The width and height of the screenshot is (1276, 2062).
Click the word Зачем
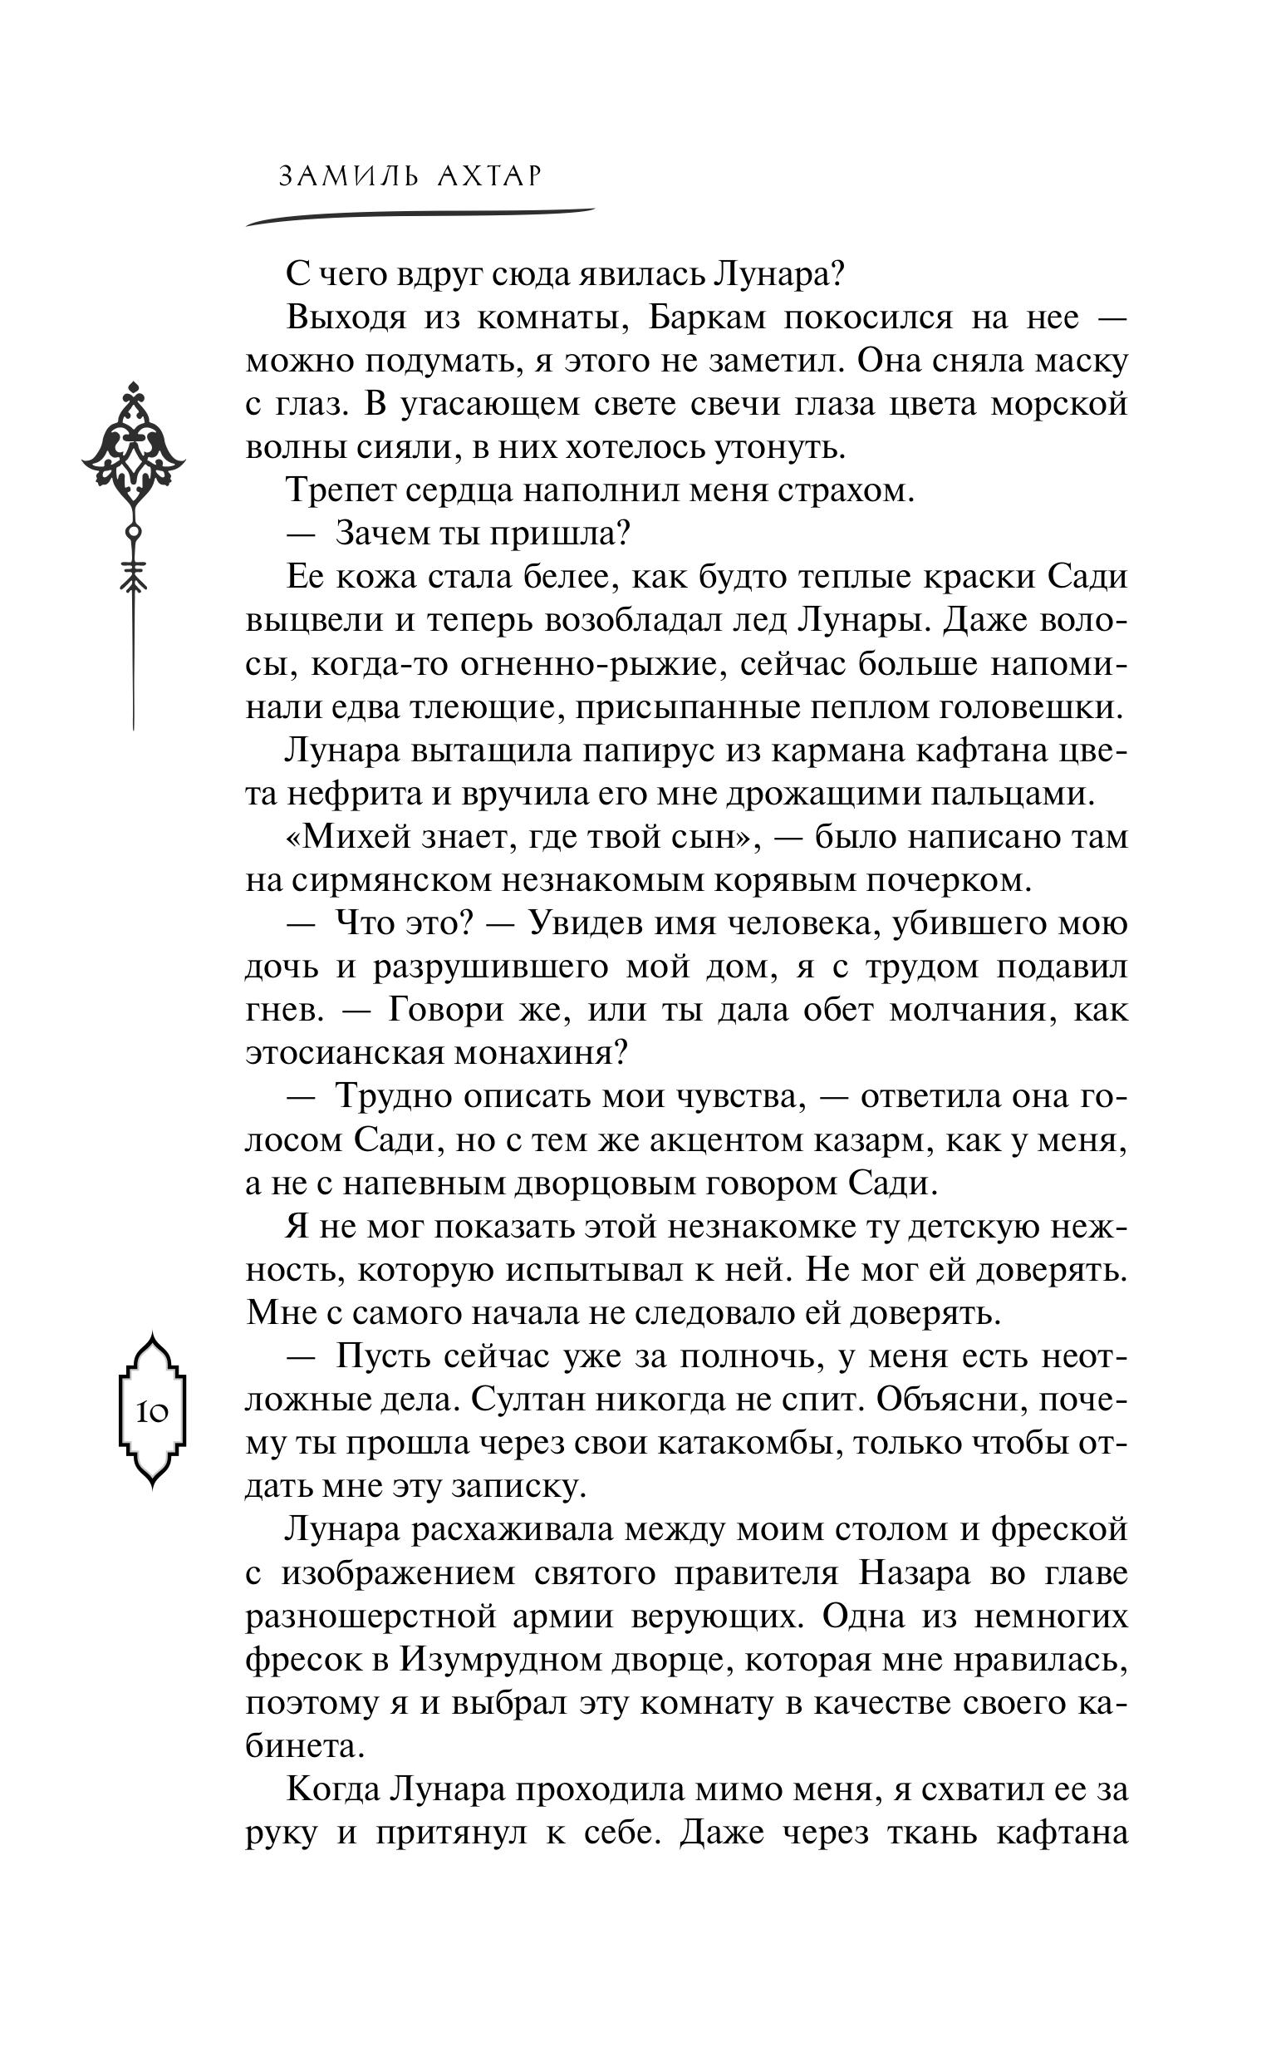380,534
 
